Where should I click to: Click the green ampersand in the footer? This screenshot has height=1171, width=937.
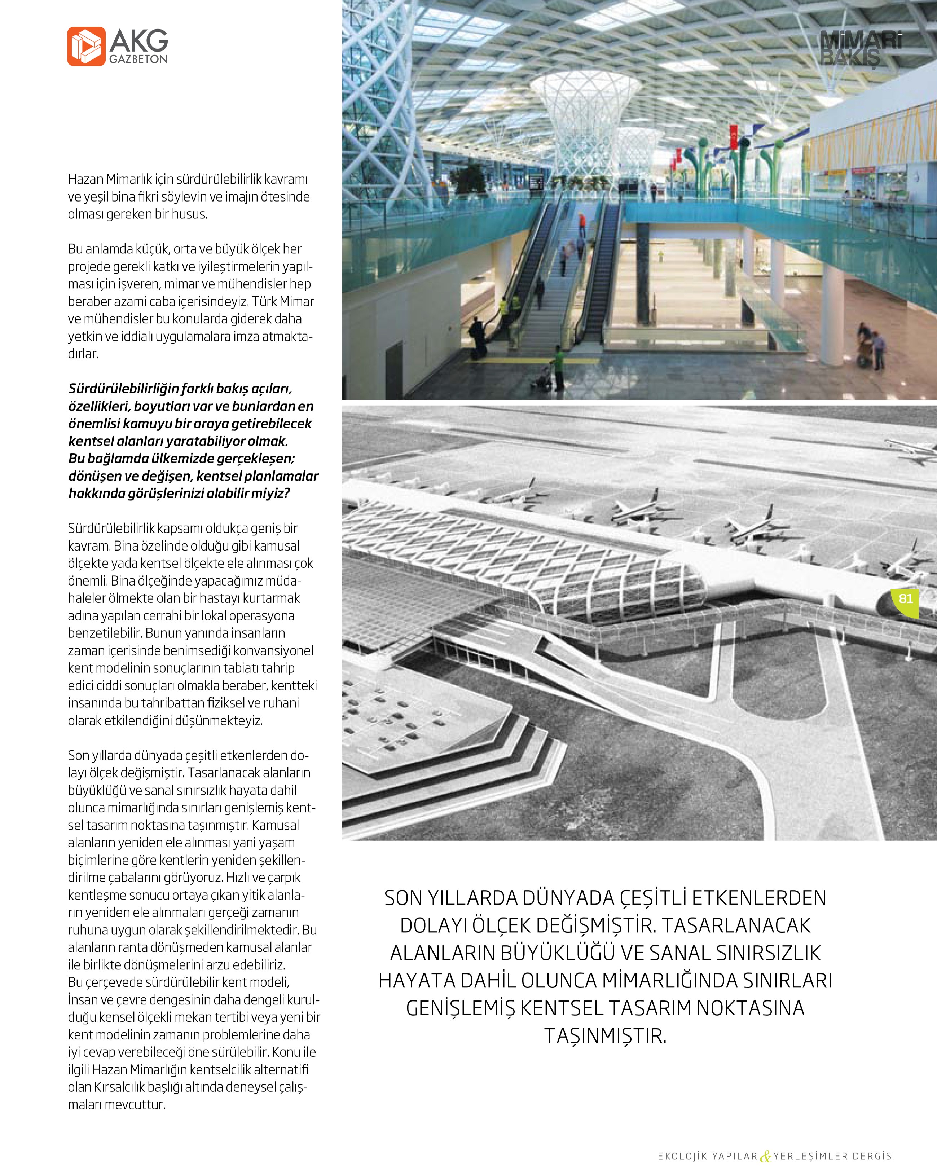click(x=765, y=1156)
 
